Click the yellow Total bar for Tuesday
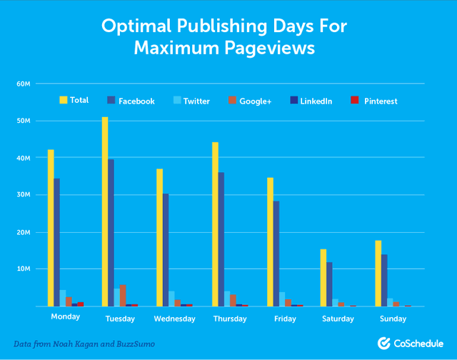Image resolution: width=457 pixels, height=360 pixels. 105,211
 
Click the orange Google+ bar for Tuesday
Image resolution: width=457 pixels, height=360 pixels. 123,296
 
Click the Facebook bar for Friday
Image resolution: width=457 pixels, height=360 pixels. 275,254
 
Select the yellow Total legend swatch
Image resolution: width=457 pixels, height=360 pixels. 64,100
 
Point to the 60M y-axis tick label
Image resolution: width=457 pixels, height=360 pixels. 24,84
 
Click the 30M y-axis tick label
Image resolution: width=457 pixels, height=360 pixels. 24,195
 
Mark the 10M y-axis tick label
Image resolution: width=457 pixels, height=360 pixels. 24,269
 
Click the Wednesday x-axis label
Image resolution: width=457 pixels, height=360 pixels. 174,318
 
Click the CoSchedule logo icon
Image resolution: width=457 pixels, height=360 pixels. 383,343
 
